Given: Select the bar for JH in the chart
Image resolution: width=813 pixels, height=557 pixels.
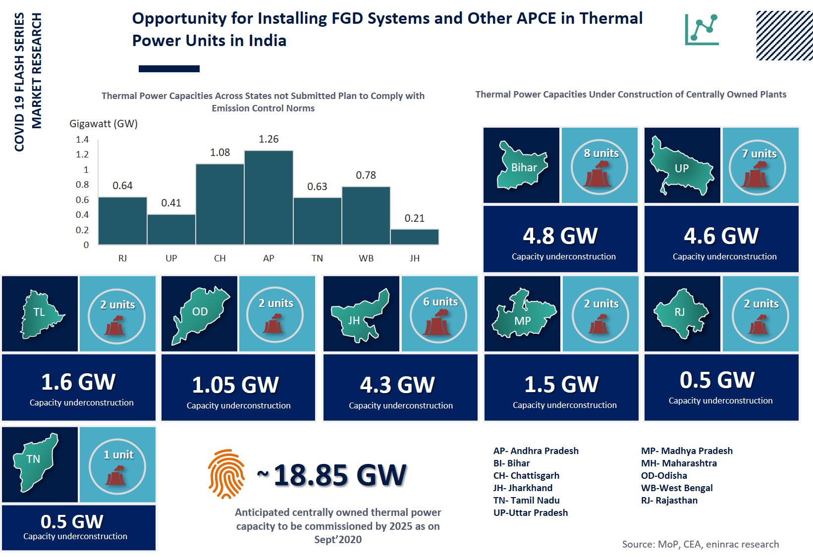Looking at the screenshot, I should [x=415, y=237].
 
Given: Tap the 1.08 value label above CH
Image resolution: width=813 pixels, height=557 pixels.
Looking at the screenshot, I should [x=220, y=152].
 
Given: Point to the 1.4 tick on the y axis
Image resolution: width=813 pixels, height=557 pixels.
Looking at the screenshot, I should [x=82, y=140].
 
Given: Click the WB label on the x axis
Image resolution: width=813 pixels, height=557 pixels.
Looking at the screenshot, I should [x=366, y=258].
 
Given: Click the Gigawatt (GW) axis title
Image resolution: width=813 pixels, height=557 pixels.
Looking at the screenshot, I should [x=104, y=124].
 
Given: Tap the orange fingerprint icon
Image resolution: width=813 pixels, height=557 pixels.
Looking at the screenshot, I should [x=226, y=473].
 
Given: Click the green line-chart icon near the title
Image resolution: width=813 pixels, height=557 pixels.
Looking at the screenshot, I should [x=702, y=30].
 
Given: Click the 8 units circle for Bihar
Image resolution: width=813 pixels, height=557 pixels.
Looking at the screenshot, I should [x=599, y=167].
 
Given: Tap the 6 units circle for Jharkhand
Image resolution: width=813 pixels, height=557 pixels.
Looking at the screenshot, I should [x=438, y=315].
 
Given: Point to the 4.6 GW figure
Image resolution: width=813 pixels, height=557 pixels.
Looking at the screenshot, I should [x=721, y=236].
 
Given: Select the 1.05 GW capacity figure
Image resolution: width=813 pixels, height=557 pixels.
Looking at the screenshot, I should [x=235, y=385].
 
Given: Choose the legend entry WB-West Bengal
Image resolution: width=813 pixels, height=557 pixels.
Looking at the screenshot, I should [x=677, y=488].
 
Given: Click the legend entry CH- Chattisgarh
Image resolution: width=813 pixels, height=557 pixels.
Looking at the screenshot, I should [x=526, y=475].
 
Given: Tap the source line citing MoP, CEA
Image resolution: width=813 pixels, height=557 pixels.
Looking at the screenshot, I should [x=700, y=544].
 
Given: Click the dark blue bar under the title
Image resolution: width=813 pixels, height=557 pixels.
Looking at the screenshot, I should [x=169, y=69].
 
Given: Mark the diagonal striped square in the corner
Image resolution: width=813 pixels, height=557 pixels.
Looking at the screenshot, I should [x=784, y=36].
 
